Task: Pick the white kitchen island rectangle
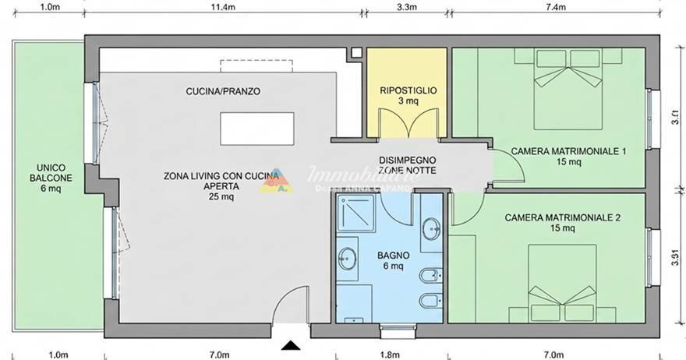coord(251,129)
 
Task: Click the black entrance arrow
coord(291,345)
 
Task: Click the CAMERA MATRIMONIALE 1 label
coord(568,151)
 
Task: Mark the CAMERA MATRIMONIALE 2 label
coord(562,217)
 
